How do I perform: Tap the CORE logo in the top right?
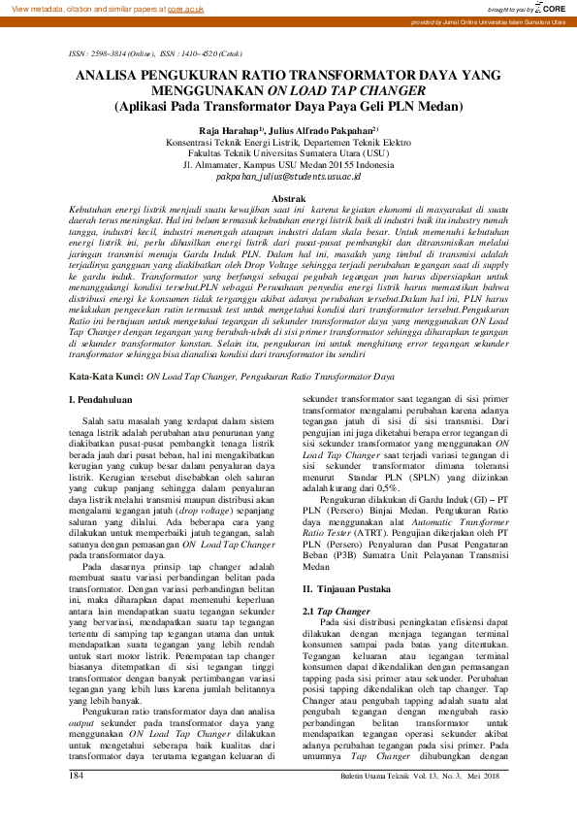pos(550,8)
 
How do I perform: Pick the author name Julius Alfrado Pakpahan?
pos(319,128)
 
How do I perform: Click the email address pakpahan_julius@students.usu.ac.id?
pos(288,178)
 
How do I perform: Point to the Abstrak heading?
pos(288,197)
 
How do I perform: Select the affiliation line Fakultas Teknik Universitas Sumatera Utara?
pos(288,152)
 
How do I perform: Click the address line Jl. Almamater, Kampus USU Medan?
pos(288,165)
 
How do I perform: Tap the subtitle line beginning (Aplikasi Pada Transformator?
pos(288,107)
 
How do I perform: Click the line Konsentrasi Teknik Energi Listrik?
pos(288,141)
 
